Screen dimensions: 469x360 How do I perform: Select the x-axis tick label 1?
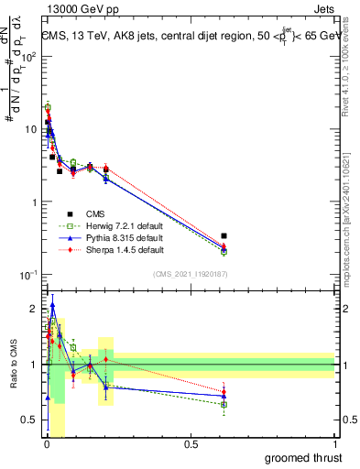pos(334,443)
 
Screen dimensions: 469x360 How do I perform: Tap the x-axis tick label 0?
pos(47,443)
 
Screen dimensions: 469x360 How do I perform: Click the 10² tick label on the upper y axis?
pos(29,56)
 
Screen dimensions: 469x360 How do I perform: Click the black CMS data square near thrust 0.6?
pos(224,236)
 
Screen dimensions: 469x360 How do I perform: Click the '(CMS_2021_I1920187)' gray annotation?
pos(190,273)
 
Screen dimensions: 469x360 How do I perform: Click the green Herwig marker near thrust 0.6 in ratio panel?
pos(224,404)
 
